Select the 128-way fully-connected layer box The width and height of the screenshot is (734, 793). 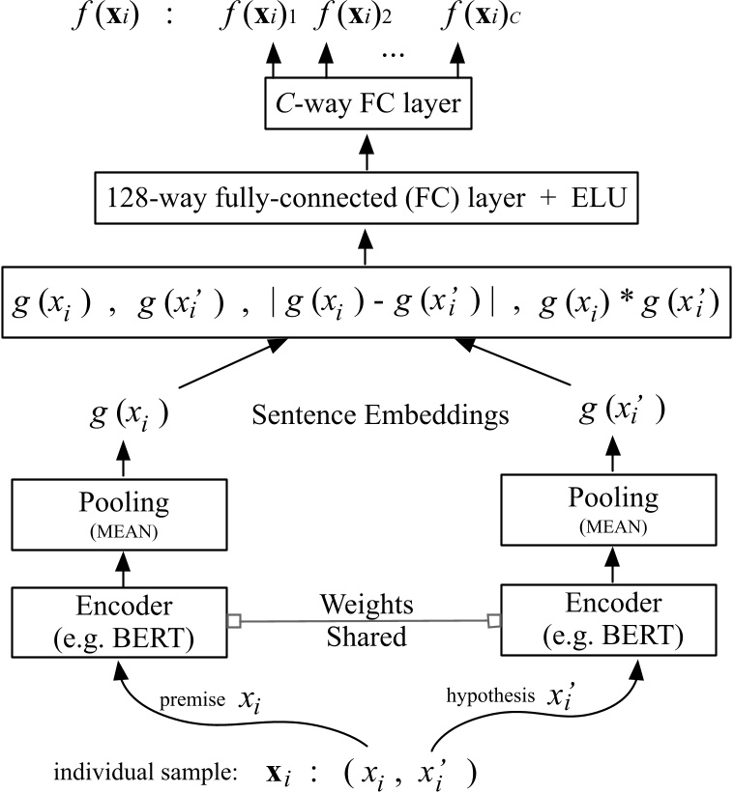click(x=367, y=201)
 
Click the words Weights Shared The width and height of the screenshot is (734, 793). click(x=367, y=619)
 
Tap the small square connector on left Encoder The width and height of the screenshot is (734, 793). click(x=232, y=619)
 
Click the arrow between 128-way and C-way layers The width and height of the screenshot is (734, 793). click(x=367, y=153)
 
